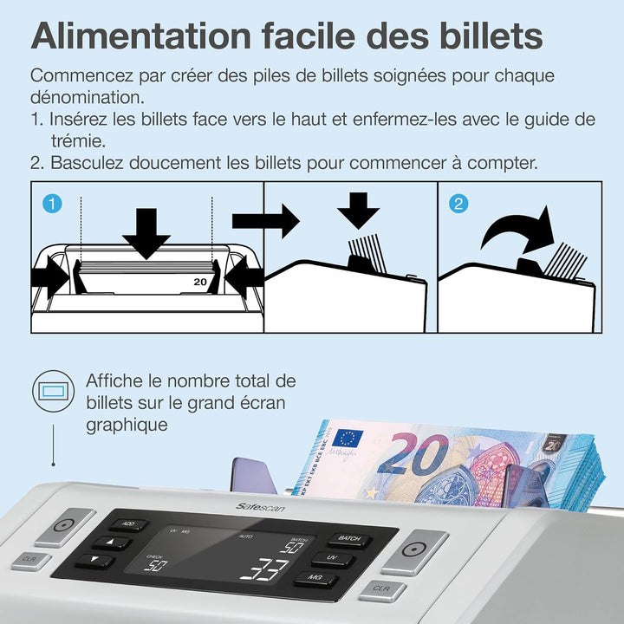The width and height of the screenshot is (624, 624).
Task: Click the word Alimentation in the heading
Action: pyautogui.click(x=141, y=36)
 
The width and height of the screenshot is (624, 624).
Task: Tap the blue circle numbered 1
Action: pyautogui.click(x=52, y=204)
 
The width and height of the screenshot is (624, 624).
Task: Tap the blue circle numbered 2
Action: pyautogui.click(x=458, y=204)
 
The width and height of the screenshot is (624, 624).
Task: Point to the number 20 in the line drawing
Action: pyautogui.click(x=200, y=282)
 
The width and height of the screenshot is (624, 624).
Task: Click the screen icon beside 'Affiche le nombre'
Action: pyautogui.click(x=54, y=391)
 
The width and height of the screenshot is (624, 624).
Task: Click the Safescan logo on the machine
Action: pyautogui.click(x=260, y=507)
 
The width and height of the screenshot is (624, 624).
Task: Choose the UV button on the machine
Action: pyautogui.click(x=332, y=559)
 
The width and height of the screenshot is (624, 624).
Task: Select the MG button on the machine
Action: pyautogui.click(x=316, y=578)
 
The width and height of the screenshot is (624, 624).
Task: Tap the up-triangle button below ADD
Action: pyautogui.click(x=112, y=542)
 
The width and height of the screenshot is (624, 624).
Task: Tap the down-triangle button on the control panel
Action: pyautogui.click(x=94, y=560)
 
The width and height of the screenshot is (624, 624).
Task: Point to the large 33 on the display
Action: pyautogui.click(x=263, y=569)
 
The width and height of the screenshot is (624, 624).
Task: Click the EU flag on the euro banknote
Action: pyautogui.click(x=347, y=438)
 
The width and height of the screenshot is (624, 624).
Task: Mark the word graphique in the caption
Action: pyautogui.click(x=127, y=425)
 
